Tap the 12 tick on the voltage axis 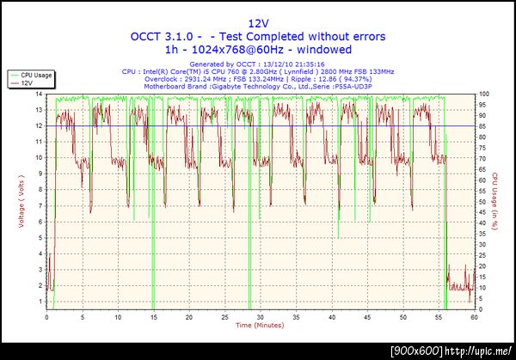point(40,125)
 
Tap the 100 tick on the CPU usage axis point(484,94)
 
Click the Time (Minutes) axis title point(260,326)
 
